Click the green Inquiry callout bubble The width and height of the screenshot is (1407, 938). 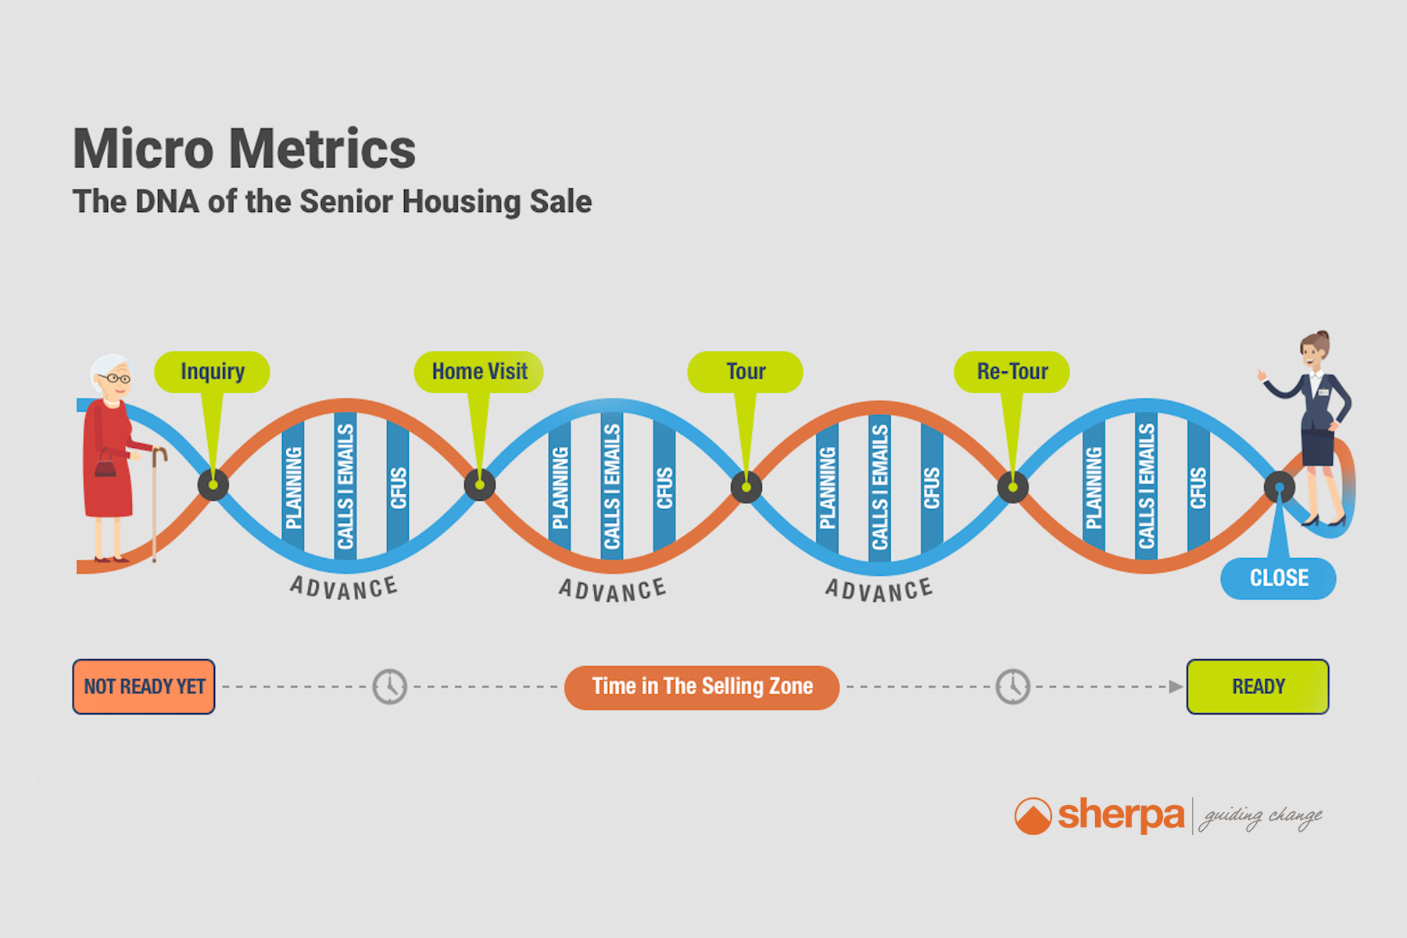tap(212, 372)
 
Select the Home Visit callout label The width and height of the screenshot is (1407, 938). tap(478, 372)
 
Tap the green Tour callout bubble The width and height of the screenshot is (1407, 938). tap(745, 372)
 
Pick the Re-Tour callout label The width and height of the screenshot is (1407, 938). tap(1012, 372)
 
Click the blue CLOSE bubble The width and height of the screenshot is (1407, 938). tap(1279, 578)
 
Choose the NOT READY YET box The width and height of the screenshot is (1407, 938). tap(144, 686)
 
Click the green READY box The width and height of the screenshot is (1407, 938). tap(1258, 686)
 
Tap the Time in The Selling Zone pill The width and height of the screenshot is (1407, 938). tap(702, 687)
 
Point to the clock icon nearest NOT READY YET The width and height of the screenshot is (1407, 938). tap(389, 687)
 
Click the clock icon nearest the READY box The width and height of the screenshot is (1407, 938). tap(1013, 687)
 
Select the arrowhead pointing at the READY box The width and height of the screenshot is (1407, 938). tap(1176, 687)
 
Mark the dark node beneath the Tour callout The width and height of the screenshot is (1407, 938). tap(746, 487)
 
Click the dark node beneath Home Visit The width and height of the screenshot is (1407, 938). tap(479, 485)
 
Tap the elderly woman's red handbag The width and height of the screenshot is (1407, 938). tap(106, 467)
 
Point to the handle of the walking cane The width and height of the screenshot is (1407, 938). tap(159, 454)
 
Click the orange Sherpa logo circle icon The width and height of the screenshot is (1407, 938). tap(1033, 816)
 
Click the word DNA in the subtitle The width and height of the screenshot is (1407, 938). tap(167, 202)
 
